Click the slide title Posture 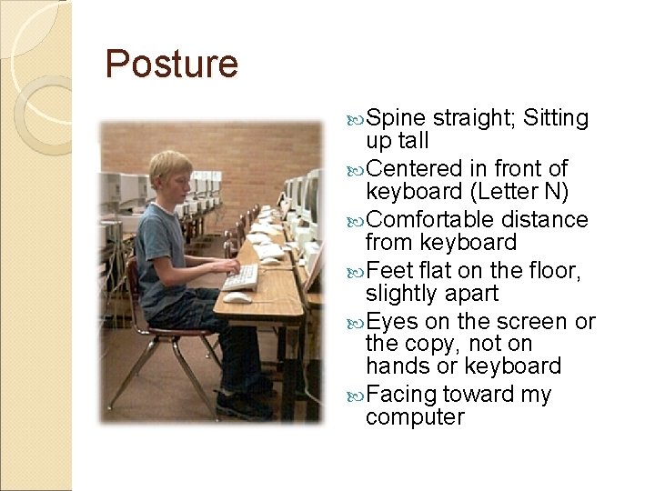coord(171,65)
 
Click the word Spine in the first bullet coord(397,119)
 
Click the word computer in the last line coord(414,417)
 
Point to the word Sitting coord(557,119)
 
